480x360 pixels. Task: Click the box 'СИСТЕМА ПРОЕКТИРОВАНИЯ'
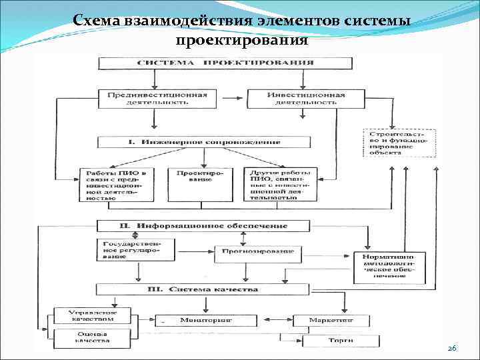point(225,63)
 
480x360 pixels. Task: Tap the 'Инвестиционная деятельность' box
point(306,99)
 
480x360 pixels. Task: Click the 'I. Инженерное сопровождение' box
point(204,142)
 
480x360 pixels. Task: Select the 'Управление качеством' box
point(84,315)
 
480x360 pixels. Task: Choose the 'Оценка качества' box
point(84,339)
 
